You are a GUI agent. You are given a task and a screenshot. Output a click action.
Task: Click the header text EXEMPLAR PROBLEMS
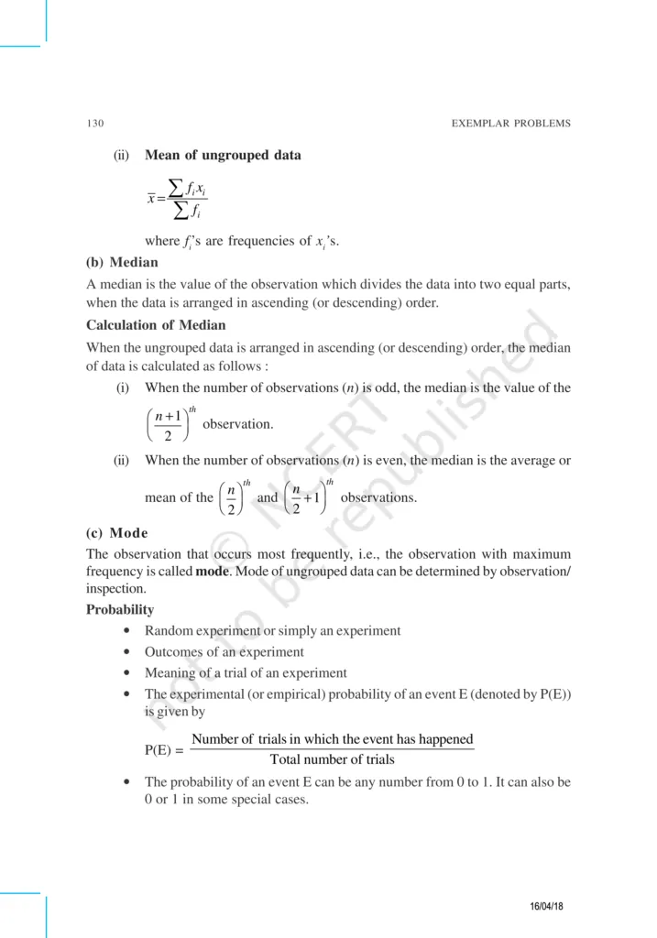coord(511,124)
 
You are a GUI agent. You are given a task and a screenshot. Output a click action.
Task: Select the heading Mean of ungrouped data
coord(223,155)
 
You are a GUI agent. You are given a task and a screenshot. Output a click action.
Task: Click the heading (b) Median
coord(122,262)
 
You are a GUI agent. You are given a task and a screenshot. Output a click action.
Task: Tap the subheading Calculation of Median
coord(156,324)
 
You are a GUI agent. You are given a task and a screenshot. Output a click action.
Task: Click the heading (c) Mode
coord(117,533)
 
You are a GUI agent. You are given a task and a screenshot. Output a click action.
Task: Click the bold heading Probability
coord(120,609)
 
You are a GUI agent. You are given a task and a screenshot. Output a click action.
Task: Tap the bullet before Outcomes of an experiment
coord(123,652)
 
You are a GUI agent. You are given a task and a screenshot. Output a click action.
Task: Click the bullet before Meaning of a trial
coord(123,673)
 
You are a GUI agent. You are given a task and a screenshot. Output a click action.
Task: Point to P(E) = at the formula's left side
coord(164,750)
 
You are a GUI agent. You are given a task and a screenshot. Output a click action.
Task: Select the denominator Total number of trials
coord(333,759)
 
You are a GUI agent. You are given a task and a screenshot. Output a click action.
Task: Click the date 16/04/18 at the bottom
coord(546,906)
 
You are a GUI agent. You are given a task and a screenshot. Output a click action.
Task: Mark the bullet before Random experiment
coord(123,631)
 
